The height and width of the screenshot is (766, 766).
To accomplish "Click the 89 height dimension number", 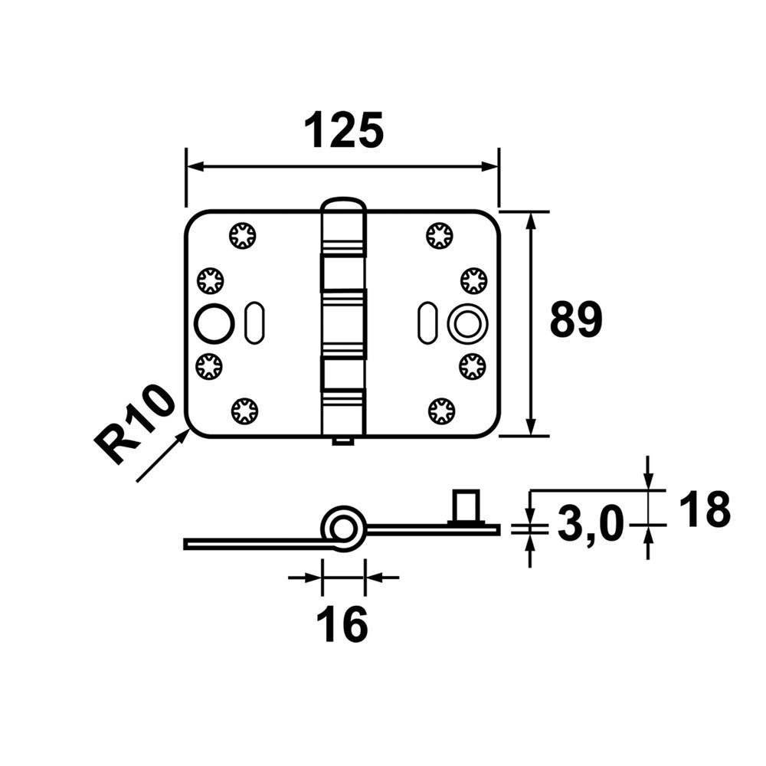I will tap(576, 321).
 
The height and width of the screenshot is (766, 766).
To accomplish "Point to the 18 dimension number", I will tap(704, 509).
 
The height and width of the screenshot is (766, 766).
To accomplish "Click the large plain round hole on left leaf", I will tap(214, 324).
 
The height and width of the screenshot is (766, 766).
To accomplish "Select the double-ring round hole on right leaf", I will tap(466, 324).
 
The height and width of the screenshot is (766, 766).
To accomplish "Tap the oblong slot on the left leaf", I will tap(251, 325).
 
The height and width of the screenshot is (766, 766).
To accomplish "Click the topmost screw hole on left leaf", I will tap(243, 234).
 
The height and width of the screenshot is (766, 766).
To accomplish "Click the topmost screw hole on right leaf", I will tap(440, 234).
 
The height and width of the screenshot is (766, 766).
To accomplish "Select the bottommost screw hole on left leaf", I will tap(244, 411).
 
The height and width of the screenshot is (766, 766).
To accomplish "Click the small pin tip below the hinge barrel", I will tap(342, 441).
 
